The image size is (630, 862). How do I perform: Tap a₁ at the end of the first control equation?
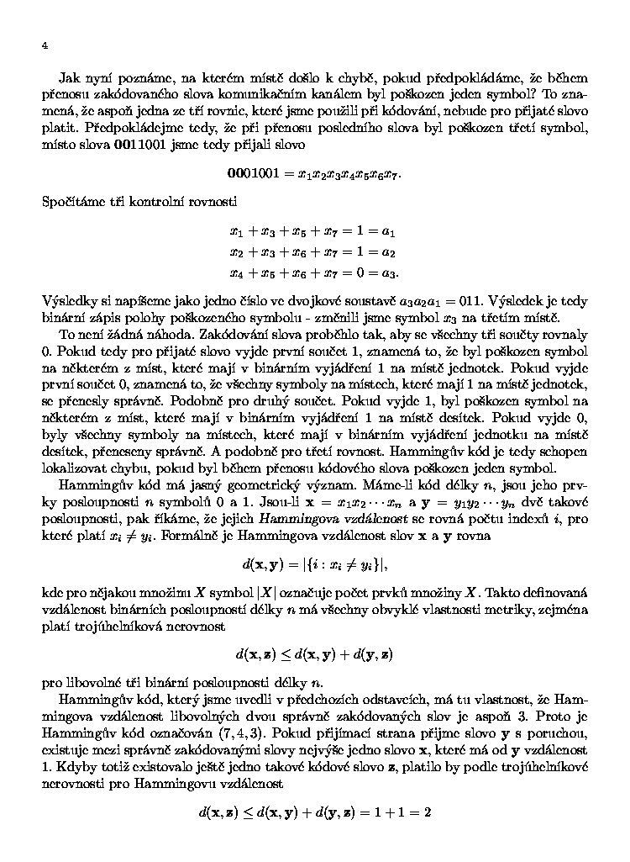(388, 230)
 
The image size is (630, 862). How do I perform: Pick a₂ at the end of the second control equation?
(388, 251)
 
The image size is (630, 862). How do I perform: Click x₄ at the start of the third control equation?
(234, 272)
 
